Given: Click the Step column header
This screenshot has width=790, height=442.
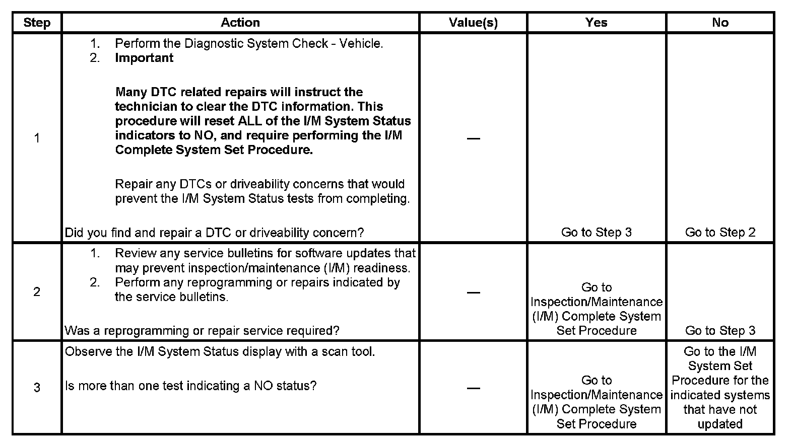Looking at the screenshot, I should point(37,23).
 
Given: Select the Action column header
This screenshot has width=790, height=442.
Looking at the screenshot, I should point(240,23).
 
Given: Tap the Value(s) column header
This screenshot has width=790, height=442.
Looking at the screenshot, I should point(473,23).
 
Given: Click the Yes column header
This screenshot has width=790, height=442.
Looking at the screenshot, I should point(597,23).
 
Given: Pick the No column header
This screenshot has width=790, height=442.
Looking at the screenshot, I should point(720,23).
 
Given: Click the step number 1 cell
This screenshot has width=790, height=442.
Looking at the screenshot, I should point(37,138).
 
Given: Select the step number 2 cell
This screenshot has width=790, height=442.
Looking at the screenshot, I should point(37,292).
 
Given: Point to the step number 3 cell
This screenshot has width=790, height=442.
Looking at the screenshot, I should point(37,388).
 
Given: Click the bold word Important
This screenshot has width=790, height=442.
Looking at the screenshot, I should point(144,58).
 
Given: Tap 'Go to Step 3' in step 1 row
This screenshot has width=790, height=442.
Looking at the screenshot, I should point(597,232).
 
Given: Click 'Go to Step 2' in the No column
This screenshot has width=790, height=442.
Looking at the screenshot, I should point(720,232).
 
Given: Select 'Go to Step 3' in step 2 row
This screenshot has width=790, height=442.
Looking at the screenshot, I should point(720,330).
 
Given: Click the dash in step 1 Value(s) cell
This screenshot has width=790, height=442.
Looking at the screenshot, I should point(473,138).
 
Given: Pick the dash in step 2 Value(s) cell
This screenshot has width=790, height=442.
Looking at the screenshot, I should point(473,292).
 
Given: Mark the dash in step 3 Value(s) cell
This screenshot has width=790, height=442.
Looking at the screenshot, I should point(473,388).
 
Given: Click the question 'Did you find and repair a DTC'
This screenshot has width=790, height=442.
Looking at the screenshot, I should point(214,233).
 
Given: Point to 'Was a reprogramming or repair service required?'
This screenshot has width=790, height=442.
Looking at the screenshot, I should point(202,331).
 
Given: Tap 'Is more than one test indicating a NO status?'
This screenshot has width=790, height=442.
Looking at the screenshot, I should point(191,386).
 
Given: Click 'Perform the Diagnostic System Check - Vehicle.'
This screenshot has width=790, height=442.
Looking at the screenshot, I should point(249,44).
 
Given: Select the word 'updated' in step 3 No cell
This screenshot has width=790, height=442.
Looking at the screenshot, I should point(720,424).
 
